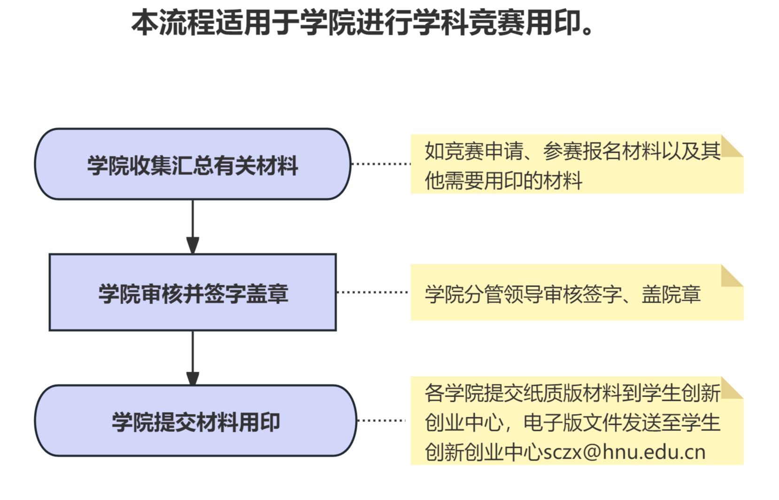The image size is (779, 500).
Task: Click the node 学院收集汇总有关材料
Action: click(x=193, y=164)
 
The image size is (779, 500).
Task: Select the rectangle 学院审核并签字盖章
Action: click(x=193, y=292)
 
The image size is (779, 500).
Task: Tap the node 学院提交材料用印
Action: click(x=195, y=421)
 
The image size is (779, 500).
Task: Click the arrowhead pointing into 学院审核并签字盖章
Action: click(x=193, y=246)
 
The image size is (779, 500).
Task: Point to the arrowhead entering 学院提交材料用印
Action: click(x=193, y=378)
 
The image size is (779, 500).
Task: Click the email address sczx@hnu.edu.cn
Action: click(x=624, y=452)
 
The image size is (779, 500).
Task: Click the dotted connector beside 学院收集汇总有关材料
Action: click(x=381, y=164)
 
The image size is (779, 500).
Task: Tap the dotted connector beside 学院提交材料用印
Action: click(x=381, y=420)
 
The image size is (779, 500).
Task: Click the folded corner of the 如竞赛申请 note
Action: click(x=731, y=145)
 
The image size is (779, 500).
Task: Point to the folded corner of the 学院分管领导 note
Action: click(x=731, y=275)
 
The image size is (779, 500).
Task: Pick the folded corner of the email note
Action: click(x=731, y=388)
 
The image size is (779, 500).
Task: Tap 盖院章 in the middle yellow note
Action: click(x=671, y=295)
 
